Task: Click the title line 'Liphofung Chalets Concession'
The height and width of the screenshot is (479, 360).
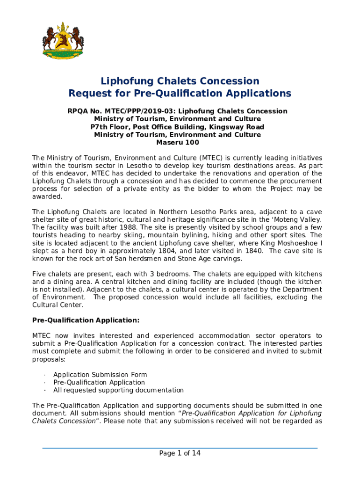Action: (180, 81)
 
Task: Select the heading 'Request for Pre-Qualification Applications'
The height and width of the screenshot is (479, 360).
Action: (180, 94)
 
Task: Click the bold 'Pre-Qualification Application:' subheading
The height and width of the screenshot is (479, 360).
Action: (86, 320)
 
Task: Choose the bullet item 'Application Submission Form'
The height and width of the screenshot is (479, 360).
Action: (100, 375)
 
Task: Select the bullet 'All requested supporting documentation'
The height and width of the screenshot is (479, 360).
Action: (118, 390)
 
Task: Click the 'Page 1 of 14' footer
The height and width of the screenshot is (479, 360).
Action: (180, 453)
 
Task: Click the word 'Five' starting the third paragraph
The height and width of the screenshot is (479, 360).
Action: (39, 274)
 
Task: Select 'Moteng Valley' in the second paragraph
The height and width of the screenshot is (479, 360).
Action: (298, 220)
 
